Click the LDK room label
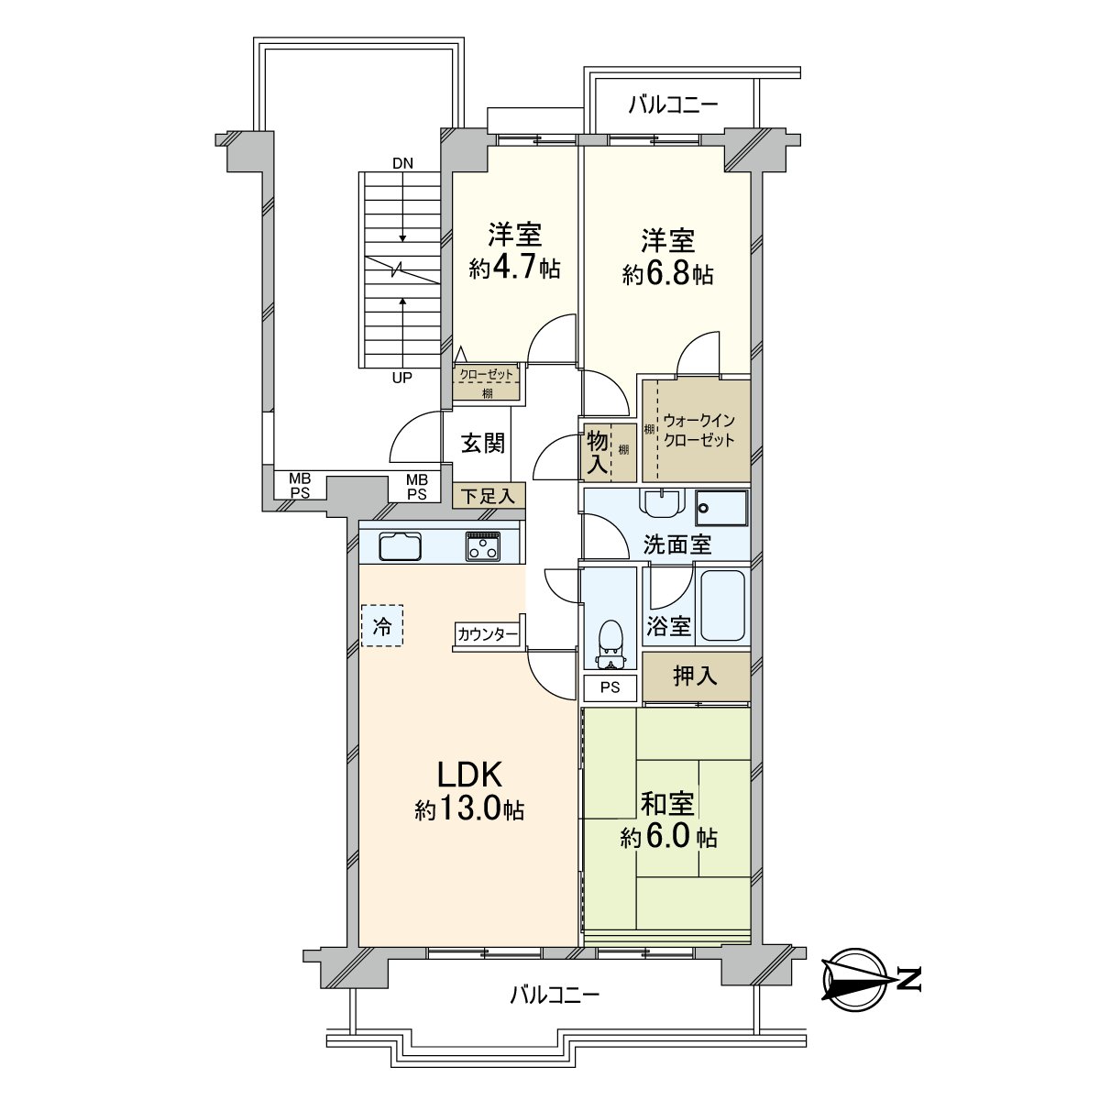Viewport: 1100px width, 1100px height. (469, 775)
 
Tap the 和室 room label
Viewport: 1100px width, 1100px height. (667, 804)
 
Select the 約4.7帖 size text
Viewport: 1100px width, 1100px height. (515, 269)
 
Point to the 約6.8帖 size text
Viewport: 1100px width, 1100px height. (668, 274)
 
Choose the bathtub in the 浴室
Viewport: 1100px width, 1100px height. (723, 606)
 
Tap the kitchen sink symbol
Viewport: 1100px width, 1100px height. (401, 546)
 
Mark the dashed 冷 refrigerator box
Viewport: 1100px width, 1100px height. (381, 627)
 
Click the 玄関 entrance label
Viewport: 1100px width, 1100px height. (482, 444)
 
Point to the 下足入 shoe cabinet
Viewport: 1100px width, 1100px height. (489, 496)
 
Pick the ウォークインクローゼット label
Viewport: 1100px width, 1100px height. (699, 430)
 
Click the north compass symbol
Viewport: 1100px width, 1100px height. (854, 978)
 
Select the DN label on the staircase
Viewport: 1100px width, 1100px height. (402, 164)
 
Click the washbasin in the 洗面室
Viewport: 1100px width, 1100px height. (662, 505)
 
